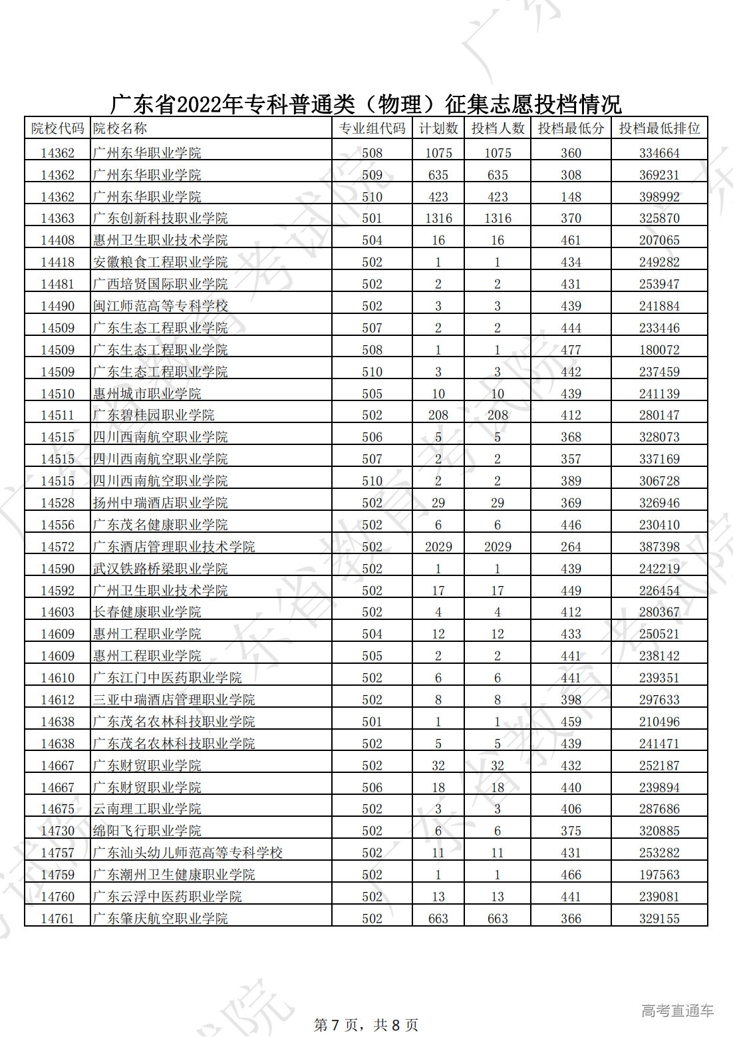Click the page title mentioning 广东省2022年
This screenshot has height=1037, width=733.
pos(366,104)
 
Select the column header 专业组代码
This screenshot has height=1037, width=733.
pos(372,128)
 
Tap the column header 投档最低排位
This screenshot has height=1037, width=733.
pos(659,128)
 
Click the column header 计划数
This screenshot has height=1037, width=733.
pos(438,128)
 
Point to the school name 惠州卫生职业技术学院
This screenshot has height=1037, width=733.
pos(160,240)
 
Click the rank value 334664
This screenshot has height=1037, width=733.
pos(659,153)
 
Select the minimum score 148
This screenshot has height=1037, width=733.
pos(571,197)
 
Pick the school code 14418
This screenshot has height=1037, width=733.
pos(58,262)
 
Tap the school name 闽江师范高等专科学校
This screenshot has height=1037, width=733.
pos(160,306)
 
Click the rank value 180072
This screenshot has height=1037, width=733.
pos(659,350)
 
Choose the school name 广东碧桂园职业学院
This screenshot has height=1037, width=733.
pos(154,415)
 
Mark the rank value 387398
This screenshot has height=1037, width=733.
pos(659,547)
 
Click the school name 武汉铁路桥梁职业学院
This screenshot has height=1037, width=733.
pos(160,569)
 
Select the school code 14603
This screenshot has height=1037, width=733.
pos(58,612)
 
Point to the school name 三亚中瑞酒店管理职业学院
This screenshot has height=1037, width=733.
pos(174,700)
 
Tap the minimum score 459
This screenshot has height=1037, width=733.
pos(571,722)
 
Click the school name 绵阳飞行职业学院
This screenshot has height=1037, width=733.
pos(147,831)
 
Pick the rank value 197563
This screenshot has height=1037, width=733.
pos(659,875)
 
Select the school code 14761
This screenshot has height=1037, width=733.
pos(58,919)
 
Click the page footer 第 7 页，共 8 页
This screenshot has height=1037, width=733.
pos(366,1025)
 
